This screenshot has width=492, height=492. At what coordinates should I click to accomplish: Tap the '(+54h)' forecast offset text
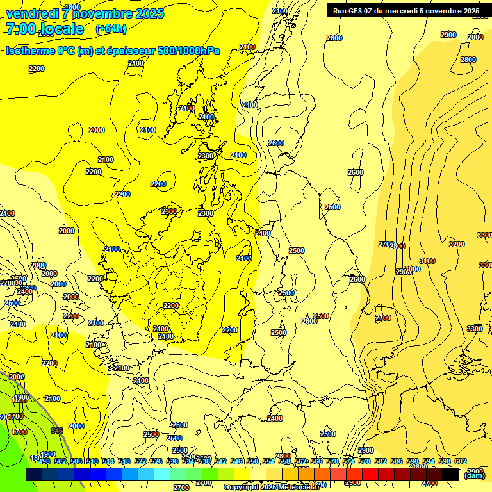click(x=111, y=29)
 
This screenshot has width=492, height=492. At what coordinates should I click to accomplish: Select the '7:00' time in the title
click(x=20, y=29)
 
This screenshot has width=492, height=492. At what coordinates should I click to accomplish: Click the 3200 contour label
click(x=456, y=244)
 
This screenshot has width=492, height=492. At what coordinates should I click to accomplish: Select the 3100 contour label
click(x=427, y=261)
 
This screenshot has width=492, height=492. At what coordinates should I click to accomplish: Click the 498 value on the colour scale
click(x=44, y=461)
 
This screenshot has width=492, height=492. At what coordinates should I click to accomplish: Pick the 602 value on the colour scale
click(x=461, y=461)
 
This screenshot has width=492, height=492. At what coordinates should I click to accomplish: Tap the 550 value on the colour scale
click(x=252, y=461)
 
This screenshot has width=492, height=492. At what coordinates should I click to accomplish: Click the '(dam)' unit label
click(x=475, y=475)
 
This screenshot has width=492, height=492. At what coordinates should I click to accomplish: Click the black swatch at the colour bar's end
click(x=450, y=474)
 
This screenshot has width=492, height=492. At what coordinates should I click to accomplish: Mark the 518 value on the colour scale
click(x=124, y=461)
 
